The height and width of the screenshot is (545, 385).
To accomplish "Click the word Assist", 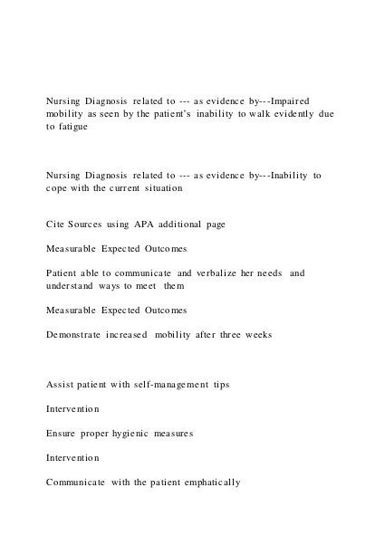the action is pos(62,384).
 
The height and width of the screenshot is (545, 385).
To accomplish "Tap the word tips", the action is pos(218,384).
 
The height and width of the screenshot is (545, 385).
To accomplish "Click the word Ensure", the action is pos(63,433).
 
